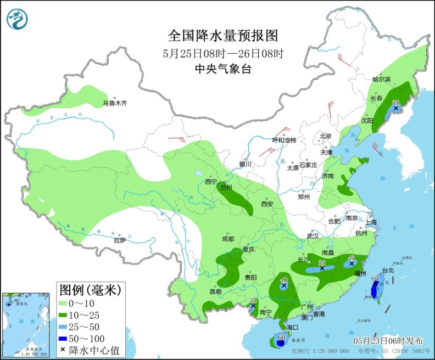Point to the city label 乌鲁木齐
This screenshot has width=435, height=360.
115,103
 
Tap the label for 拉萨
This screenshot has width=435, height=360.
120,240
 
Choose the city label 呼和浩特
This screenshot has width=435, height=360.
285,140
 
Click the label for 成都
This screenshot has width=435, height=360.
228,239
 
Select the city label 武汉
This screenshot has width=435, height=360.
313,236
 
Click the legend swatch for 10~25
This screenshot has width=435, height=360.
69,314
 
